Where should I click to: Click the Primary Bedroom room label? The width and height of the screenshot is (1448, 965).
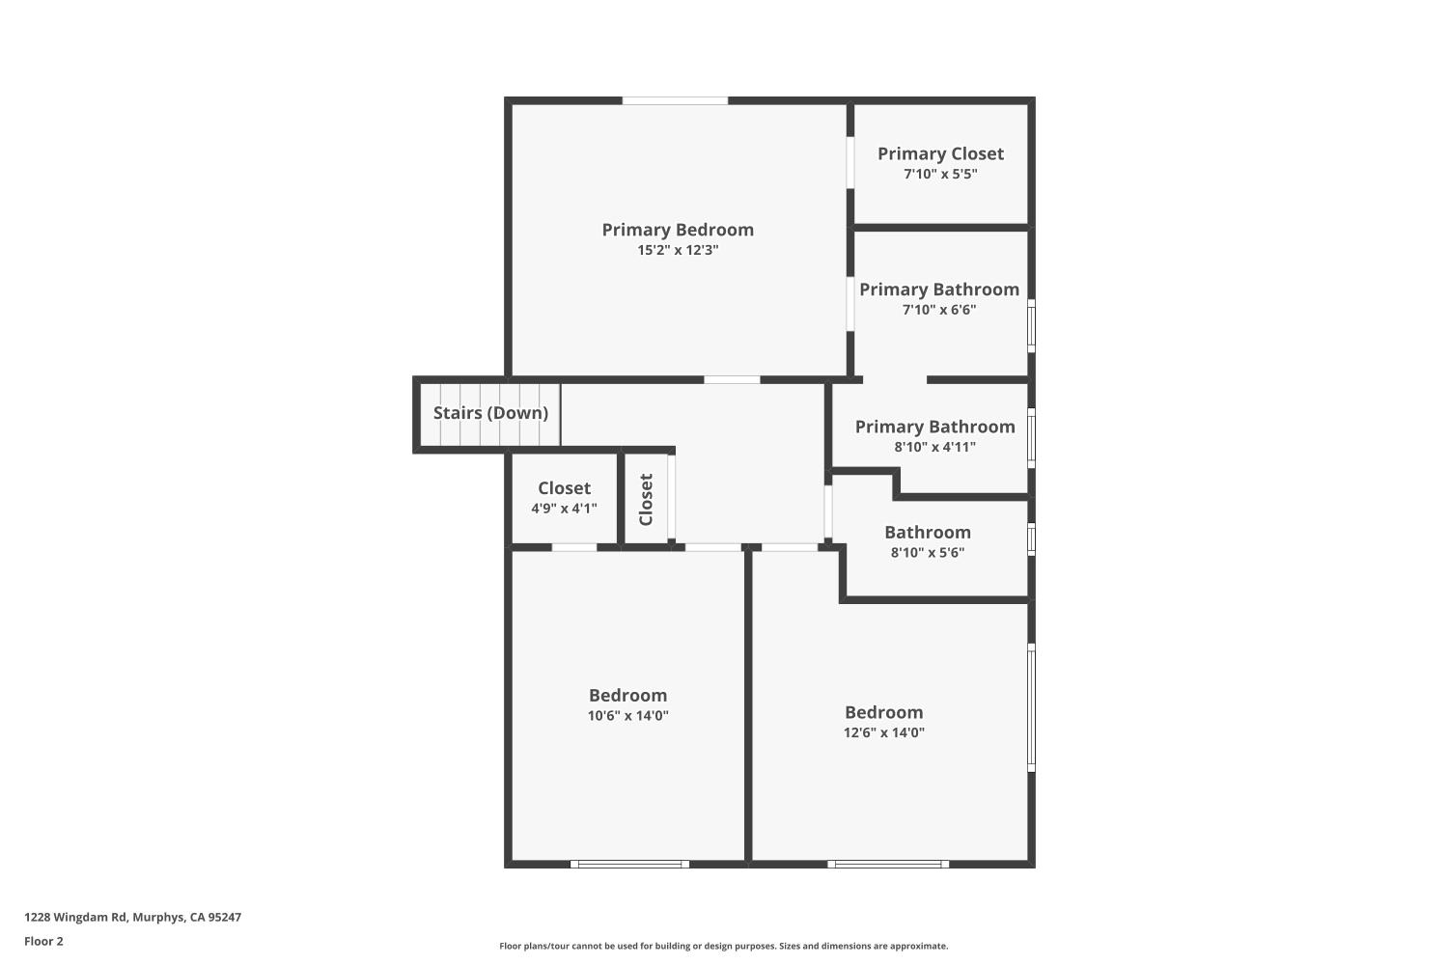678,230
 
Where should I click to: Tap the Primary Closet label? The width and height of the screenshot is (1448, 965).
940,153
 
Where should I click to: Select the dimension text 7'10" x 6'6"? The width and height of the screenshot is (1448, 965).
939,310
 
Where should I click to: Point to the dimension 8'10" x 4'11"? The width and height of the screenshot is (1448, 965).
934,447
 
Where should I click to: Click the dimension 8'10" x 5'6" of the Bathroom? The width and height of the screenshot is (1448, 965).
927,553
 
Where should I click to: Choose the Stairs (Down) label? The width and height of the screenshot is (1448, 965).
490,413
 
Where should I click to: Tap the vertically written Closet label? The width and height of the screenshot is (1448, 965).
646,499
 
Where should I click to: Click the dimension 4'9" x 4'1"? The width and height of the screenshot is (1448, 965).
564,509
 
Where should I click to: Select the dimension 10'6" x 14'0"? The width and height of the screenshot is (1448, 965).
627,716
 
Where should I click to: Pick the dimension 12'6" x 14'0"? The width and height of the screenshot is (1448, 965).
883,732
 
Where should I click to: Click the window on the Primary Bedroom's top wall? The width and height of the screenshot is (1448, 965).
675,100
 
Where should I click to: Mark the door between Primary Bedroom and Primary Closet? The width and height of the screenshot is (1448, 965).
850,162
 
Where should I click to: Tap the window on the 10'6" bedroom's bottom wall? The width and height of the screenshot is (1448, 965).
629,864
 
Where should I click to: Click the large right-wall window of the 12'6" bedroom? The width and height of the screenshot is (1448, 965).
1031,707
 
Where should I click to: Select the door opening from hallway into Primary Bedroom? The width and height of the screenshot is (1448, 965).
732,380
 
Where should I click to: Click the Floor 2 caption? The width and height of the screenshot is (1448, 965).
43,942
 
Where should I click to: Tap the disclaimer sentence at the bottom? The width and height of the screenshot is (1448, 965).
723,947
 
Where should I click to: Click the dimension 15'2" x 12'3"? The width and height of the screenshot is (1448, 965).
678,250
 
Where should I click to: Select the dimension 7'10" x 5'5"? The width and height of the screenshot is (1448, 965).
940,175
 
